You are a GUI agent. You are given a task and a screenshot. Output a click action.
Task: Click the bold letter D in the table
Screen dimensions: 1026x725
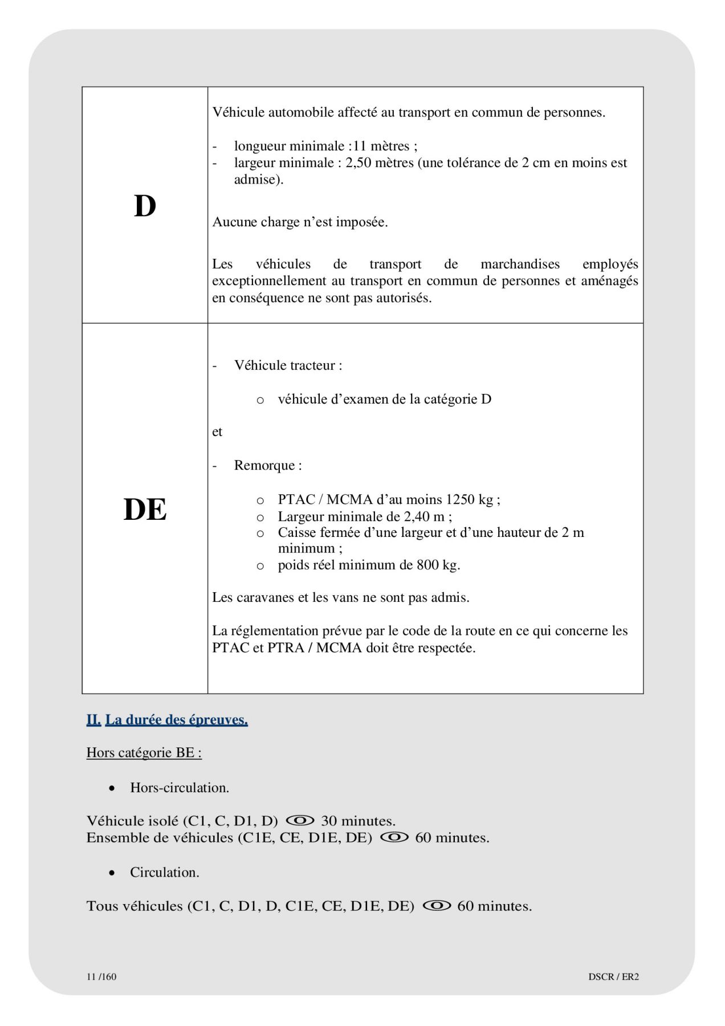click(x=145, y=206)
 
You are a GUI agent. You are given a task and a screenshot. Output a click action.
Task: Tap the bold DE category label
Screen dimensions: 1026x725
click(x=145, y=509)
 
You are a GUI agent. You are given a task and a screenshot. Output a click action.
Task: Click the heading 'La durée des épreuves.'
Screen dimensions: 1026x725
click(x=177, y=720)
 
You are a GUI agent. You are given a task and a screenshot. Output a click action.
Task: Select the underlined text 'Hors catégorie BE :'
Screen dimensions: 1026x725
click(x=144, y=752)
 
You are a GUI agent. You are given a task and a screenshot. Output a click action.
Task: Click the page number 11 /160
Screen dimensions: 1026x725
click(x=101, y=976)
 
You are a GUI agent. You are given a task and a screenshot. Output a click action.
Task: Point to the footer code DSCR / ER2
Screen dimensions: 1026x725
click(x=613, y=976)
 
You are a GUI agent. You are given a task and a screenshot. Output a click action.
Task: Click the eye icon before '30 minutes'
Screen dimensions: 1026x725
click(x=300, y=820)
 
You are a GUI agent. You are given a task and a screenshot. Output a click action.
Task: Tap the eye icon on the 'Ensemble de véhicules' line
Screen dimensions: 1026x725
click(x=394, y=837)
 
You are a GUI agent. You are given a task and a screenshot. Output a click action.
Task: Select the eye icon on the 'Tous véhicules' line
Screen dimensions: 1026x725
click(x=437, y=905)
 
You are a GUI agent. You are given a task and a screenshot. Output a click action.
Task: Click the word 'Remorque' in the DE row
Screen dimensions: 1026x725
click(x=264, y=465)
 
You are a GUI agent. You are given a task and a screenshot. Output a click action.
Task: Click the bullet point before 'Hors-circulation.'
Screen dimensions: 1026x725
click(x=112, y=788)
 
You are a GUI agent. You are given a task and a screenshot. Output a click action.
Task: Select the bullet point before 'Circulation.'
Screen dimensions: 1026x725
click(x=112, y=873)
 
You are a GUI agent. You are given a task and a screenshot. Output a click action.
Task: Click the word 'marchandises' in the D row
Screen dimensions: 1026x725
click(x=520, y=264)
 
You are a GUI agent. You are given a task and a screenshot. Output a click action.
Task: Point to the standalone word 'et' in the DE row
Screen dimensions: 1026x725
click(x=217, y=431)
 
